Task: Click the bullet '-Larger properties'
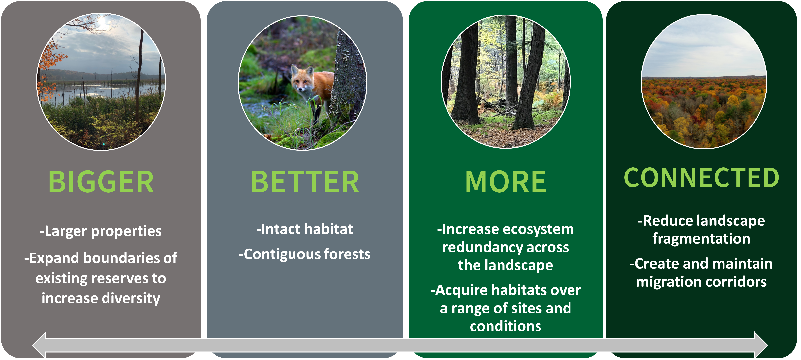pyautogui.click(x=100, y=231)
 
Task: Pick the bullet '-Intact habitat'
pyautogui.click(x=304, y=229)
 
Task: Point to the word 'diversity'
pyautogui.click(x=131, y=298)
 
